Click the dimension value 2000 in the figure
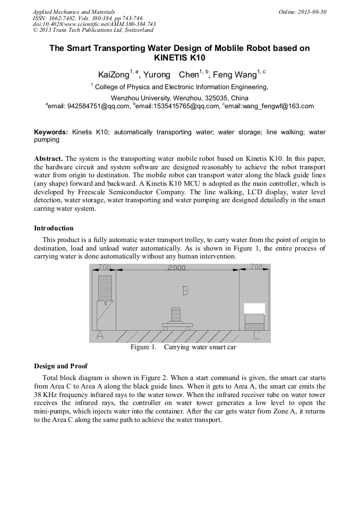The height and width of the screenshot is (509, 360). coord(177,268)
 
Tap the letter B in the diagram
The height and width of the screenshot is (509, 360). coord(185,291)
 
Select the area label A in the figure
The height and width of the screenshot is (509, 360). coord(99,335)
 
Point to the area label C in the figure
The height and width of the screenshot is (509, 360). coord(257,335)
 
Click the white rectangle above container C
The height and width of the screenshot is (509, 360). coord(254,308)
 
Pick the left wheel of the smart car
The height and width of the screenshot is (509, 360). coord(166,329)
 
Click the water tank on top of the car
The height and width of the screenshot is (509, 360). coord(176,313)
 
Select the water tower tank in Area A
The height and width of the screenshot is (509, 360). coord(105,288)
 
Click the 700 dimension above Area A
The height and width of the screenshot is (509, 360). coord(104,267)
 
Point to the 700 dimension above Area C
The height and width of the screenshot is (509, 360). coord(256,267)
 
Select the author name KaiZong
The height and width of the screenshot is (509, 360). coord(114,75)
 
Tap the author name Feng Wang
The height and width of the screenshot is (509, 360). coord(235,75)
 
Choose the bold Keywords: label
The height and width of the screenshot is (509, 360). coord(51,132)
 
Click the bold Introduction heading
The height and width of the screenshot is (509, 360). coord(54,228)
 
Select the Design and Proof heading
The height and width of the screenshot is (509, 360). coord(61,366)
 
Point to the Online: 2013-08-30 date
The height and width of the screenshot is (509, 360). coord(303,12)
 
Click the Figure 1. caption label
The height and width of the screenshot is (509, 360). coord(143,348)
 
